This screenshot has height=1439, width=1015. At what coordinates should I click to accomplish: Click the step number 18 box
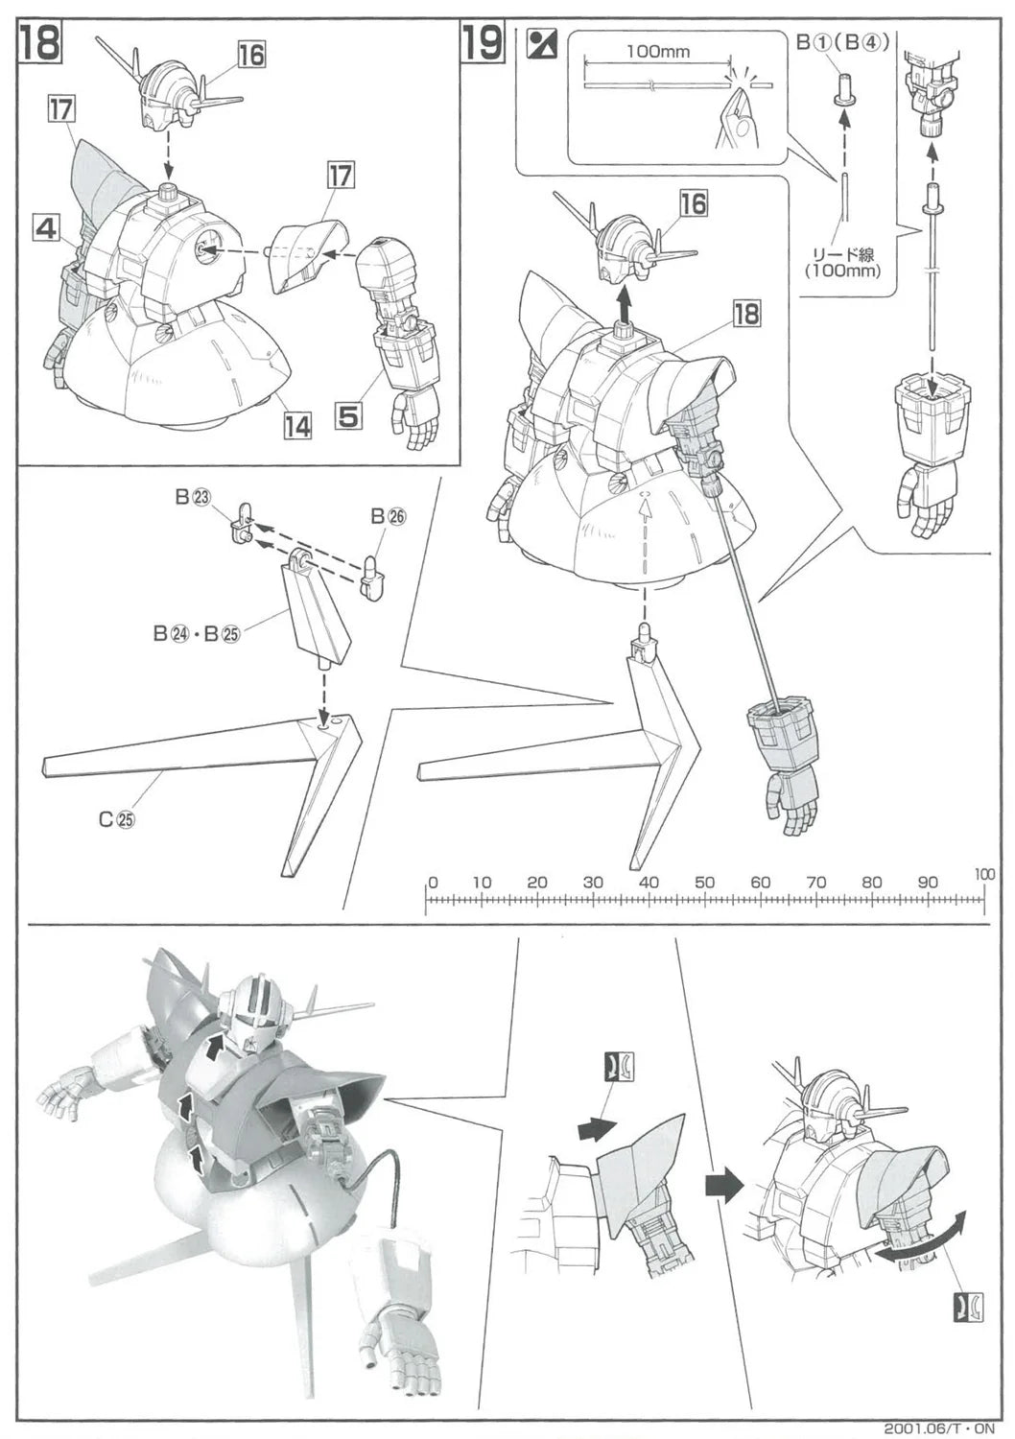[x=40, y=42]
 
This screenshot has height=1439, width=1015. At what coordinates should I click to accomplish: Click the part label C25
[x=116, y=819]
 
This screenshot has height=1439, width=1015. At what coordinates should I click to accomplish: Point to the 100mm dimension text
[x=657, y=52]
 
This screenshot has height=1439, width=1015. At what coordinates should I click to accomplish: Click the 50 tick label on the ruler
[x=705, y=882]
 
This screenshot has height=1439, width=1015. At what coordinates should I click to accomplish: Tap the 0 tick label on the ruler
[x=433, y=882]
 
